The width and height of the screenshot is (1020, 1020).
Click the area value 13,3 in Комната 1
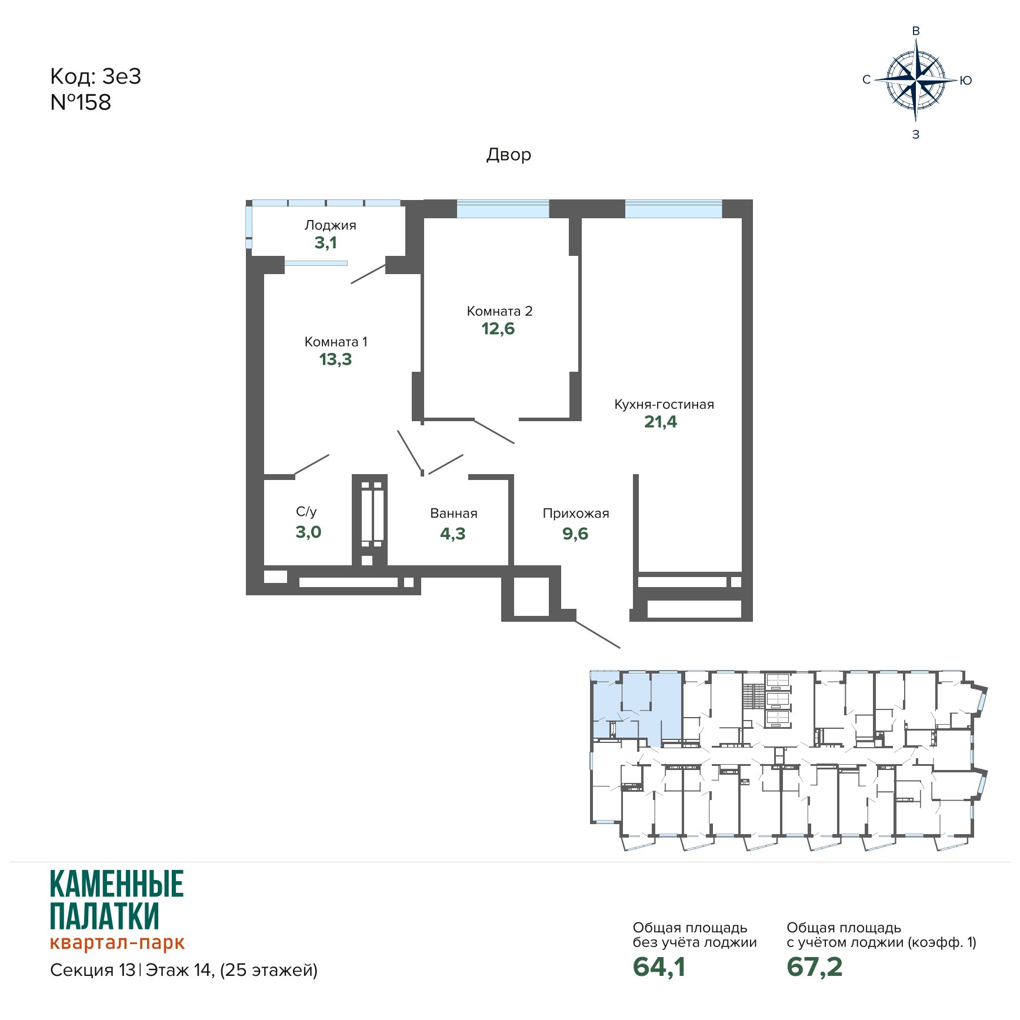coord(335,359)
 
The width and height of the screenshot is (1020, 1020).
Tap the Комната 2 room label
coord(499,311)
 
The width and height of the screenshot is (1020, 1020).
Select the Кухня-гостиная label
coord(664,404)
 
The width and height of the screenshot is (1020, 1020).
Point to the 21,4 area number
coord(661,422)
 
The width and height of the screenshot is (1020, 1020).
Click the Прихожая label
coord(576,514)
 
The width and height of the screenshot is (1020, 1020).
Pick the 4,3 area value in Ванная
coord(453,534)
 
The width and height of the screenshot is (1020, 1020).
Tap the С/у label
coord(306,512)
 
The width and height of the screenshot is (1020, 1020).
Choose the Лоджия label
coord(330,225)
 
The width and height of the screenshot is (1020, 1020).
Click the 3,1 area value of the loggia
coord(325,242)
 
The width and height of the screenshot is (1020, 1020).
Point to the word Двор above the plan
coord(509,155)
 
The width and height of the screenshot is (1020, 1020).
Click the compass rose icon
coord(916,80)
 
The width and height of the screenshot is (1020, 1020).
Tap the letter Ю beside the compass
coord(966,81)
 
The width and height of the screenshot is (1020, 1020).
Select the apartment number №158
coord(81,102)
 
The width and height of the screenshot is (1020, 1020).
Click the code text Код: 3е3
coord(96,76)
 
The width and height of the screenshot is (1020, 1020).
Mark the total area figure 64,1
coord(659,966)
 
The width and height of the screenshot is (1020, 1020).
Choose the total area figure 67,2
coord(815,966)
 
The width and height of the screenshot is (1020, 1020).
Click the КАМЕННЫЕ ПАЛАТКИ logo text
coord(117,900)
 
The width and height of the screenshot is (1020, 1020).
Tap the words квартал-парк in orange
coord(117,942)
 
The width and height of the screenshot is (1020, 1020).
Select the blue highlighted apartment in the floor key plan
coord(637,707)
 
